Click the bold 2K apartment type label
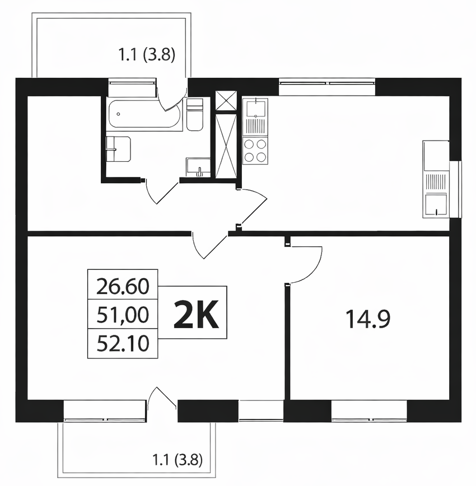coord(197,315)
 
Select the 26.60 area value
coord(123,287)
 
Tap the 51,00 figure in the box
coord(123,315)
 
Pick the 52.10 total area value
coord(123,344)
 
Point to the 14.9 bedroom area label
coord(367,320)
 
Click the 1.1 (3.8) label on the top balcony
coord(147,55)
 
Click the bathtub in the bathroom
coord(144,114)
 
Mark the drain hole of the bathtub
coord(119,114)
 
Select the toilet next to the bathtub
coord(195,114)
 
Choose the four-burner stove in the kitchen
coord(255,151)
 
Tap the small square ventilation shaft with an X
coord(226,100)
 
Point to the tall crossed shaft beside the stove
coord(226,146)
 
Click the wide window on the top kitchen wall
coord(327,87)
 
